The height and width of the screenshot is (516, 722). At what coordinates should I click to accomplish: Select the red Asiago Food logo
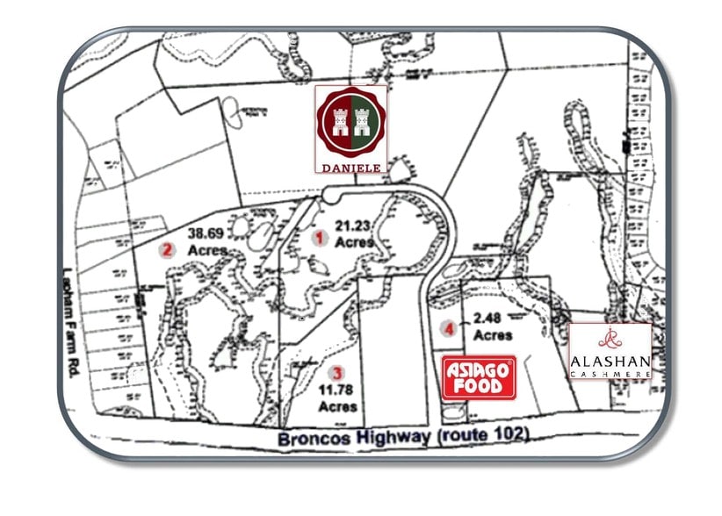coord(478,377)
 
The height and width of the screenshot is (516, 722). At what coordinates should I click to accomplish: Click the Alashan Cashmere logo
coord(610,351)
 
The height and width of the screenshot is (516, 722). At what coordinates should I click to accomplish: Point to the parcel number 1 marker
coord(321,237)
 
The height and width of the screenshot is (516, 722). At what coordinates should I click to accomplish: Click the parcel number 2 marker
coord(165,248)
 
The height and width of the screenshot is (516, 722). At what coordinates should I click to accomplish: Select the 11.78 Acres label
coord(338,398)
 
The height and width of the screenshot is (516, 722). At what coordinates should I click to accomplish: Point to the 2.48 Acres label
coord(492,328)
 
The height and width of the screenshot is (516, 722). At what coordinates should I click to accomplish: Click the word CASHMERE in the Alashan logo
coord(610,373)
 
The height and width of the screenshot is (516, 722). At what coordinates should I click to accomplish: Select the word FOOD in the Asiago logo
coord(478,386)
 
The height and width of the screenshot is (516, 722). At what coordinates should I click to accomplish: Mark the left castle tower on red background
coord(340,121)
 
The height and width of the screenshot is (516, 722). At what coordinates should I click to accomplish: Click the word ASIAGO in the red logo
coord(478,369)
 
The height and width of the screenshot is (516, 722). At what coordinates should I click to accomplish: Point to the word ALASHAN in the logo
coord(610,361)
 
